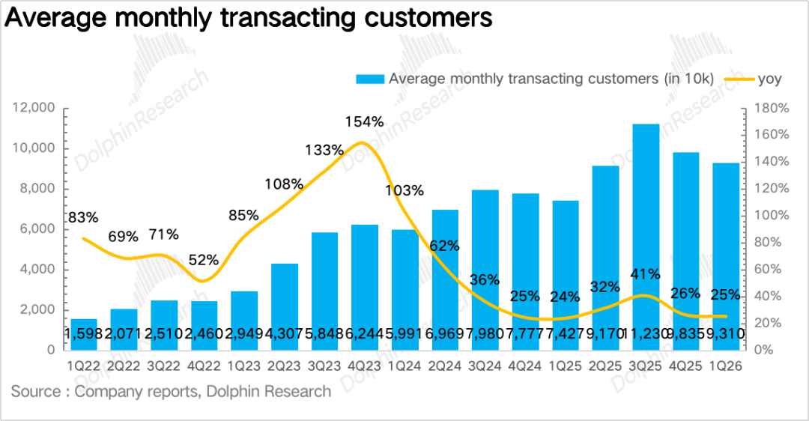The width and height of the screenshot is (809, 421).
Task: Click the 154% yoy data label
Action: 364,121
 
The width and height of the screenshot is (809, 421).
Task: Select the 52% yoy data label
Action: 203,260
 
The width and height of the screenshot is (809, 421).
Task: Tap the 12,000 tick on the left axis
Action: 34,109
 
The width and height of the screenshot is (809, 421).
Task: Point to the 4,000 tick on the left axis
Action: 37,270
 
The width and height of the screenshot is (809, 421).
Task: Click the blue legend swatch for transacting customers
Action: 370,79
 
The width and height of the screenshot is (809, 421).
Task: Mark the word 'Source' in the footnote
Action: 36,391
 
